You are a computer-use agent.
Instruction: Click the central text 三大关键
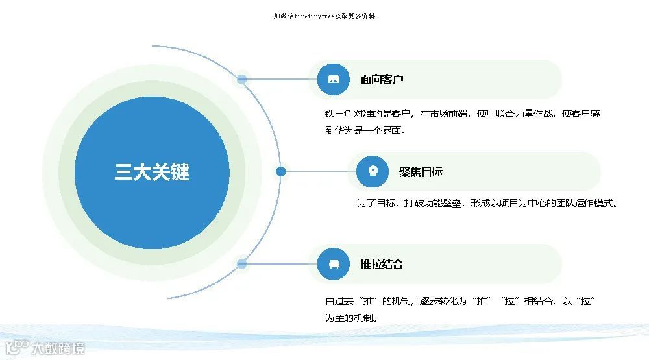152,173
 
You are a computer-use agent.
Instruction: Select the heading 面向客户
382,80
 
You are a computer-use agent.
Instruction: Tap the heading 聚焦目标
421,172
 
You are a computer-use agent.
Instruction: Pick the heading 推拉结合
382,264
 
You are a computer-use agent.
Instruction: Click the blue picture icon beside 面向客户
334,80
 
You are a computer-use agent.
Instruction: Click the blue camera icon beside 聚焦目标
373,172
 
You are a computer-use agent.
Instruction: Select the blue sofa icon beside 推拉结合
334,264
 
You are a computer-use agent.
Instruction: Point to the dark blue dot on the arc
280,172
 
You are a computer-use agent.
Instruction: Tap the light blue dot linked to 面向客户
241,80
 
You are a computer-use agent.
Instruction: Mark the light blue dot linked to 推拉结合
241,264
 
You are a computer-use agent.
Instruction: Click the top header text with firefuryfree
324,16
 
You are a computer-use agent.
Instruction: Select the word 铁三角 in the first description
338,114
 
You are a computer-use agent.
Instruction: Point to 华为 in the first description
344,130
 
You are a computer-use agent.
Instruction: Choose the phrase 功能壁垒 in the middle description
447,204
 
